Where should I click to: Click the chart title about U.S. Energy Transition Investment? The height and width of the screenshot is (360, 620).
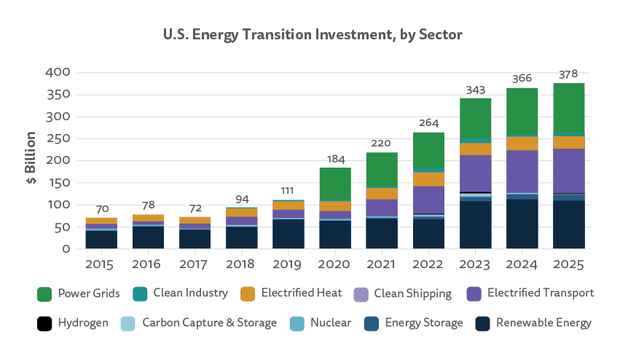click(x=310, y=34)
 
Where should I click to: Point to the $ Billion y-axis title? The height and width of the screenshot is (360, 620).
click(x=31, y=160)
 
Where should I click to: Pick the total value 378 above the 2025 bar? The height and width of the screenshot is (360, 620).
click(x=568, y=74)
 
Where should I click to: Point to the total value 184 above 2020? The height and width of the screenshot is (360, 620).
click(x=334, y=159)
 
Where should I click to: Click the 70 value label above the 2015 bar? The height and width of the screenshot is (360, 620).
click(x=101, y=209)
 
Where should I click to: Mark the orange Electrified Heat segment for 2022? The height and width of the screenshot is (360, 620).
click(x=428, y=179)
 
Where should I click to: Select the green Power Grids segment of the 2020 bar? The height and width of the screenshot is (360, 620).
click(x=334, y=184)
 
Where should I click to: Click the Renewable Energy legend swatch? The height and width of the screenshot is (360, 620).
click(x=482, y=323)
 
